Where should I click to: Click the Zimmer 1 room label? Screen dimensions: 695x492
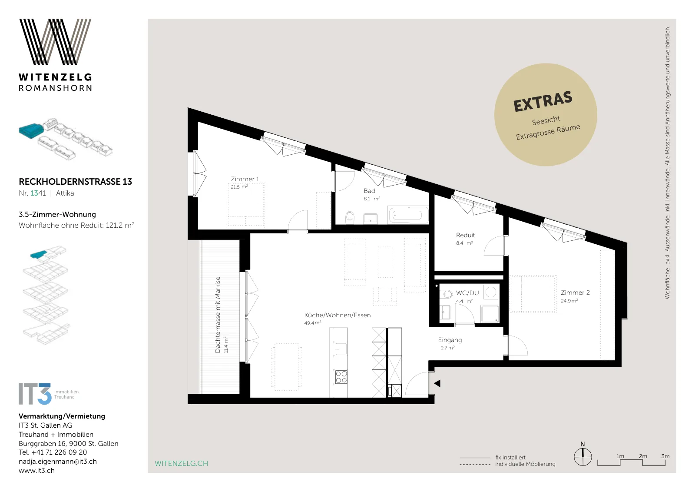click(x=245, y=179)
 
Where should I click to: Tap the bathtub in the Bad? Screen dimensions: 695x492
click(x=408, y=215)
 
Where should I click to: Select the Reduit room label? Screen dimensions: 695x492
click(x=465, y=235)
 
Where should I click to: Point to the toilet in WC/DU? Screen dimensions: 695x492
click(x=447, y=294)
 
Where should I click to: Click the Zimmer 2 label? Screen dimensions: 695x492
click(x=575, y=293)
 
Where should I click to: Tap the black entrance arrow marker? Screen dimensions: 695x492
click(x=437, y=383)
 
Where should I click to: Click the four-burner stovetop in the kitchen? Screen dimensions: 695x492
click(x=341, y=377)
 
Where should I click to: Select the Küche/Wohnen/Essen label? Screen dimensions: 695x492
click(x=337, y=315)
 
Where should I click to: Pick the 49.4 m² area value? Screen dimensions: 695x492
click(x=312, y=323)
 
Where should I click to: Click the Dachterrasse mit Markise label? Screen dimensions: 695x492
click(x=218, y=315)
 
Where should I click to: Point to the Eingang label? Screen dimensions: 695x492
click(x=450, y=340)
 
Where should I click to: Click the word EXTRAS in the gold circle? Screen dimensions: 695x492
click(x=543, y=101)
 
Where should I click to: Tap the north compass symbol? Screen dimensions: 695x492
click(x=582, y=457)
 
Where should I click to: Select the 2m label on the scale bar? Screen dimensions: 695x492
click(x=643, y=456)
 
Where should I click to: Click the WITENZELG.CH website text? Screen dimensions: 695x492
click(x=182, y=463)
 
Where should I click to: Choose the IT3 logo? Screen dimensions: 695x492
click(x=49, y=394)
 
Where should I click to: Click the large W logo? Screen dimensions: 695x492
click(x=55, y=42)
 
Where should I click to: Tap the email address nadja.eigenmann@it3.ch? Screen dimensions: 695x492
click(x=58, y=462)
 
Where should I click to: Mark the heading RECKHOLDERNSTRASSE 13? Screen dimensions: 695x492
click(x=76, y=182)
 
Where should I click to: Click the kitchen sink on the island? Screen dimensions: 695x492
click(x=341, y=349)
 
